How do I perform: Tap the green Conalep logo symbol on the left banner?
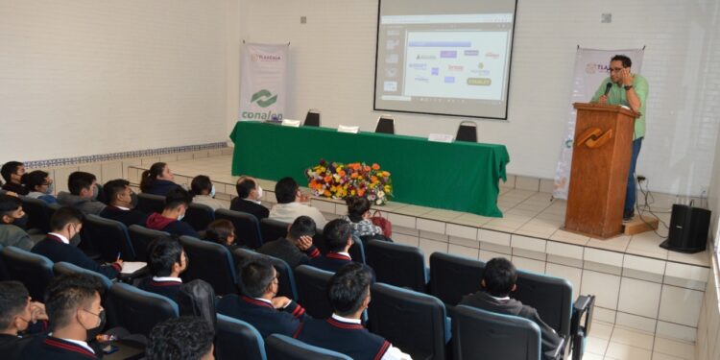(263, 98)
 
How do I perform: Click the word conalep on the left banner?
(261, 115)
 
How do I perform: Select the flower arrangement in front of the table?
(348, 180)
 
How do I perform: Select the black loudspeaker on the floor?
(687, 228)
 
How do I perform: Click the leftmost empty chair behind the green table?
(312, 118)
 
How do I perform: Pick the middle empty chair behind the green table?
(385, 125)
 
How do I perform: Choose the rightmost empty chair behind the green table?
(467, 132)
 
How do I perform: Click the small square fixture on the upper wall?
(606, 17)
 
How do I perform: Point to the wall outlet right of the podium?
(641, 177)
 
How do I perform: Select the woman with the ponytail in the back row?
(157, 179)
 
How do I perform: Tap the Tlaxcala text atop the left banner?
(265, 58)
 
